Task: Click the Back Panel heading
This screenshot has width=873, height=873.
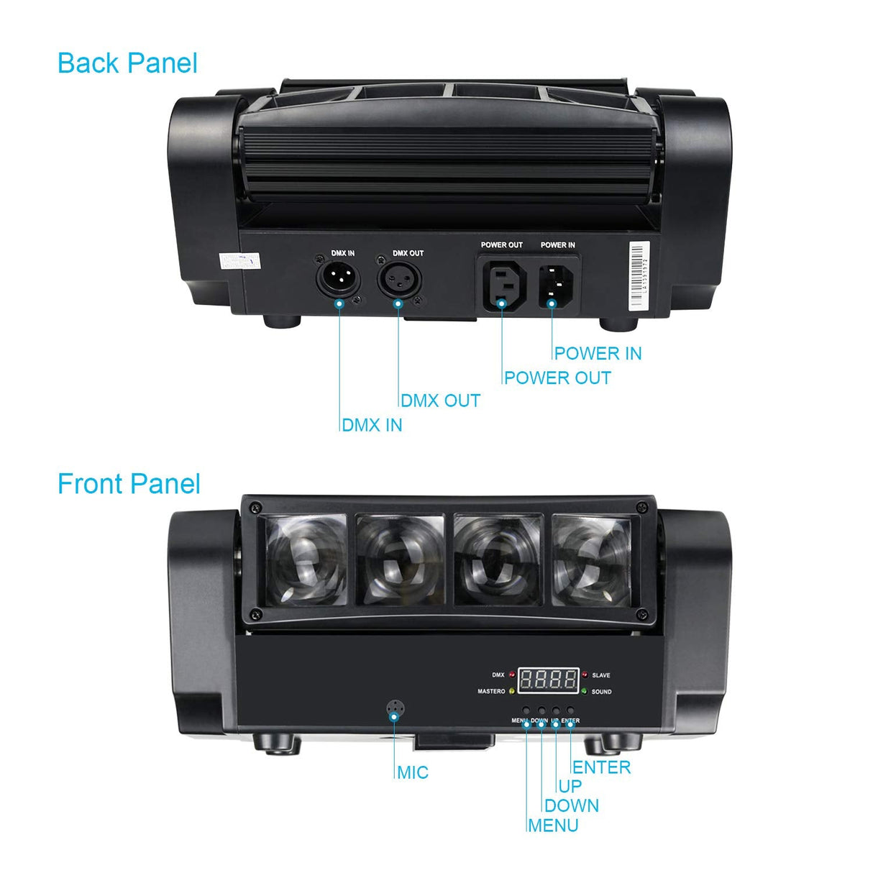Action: tap(127, 63)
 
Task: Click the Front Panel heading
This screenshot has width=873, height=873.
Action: tap(129, 484)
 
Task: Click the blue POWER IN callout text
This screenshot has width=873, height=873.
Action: tap(598, 353)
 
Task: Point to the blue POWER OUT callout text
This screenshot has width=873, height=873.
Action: tap(557, 378)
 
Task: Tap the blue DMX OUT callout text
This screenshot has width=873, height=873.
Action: tap(440, 401)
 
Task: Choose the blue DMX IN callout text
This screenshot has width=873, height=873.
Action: tap(372, 425)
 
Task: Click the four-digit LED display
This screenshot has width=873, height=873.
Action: tap(549, 680)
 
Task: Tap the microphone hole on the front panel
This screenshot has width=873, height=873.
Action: tap(394, 710)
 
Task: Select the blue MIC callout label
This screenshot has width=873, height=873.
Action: tap(413, 772)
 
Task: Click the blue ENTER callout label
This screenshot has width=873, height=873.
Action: tap(602, 767)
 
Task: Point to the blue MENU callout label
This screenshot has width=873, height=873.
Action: tap(553, 825)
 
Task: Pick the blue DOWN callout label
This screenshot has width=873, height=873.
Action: tap(571, 805)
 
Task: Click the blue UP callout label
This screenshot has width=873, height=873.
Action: tap(570, 786)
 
